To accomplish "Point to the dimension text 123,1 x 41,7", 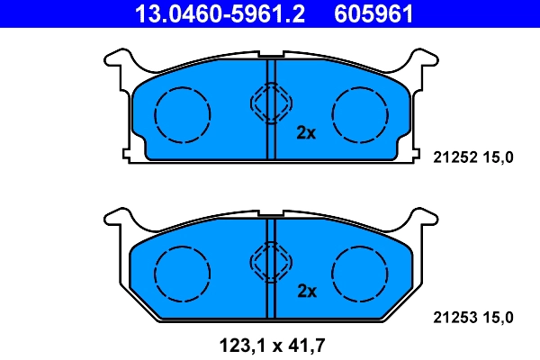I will [x=269, y=344].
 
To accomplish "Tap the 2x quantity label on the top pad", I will [x=306, y=133].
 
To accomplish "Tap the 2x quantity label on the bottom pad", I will [x=306, y=292].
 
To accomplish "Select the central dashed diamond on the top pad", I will [x=270, y=104].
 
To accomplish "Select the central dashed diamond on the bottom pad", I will [x=270, y=263].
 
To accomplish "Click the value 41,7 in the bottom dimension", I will [x=305, y=344].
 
